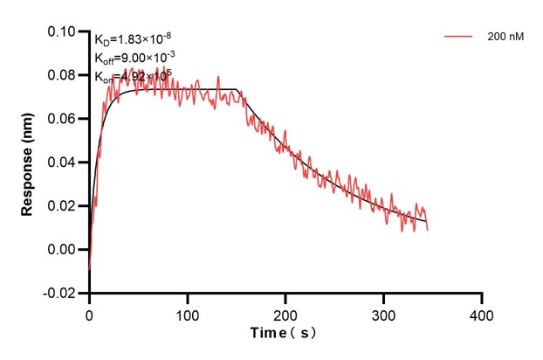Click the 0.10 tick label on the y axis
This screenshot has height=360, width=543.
(x=64, y=31)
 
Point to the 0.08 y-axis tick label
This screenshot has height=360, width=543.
(x=64, y=75)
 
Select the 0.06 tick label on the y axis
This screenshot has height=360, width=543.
(x=64, y=119)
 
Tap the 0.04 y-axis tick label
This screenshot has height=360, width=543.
(x=64, y=163)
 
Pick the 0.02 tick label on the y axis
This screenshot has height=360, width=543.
(x=64, y=206)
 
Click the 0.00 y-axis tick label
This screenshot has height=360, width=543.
(x=64, y=250)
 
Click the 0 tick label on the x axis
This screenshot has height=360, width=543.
(x=89, y=313)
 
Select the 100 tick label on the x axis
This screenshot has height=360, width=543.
(x=187, y=313)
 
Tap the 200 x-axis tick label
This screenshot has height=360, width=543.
(x=285, y=313)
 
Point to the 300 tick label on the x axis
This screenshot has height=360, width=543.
(x=383, y=313)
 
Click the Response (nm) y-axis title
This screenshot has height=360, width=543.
(x=28, y=163)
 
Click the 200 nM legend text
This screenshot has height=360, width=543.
(x=505, y=38)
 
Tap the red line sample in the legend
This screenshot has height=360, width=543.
(x=459, y=38)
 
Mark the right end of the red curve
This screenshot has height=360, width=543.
(x=428, y=230)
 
